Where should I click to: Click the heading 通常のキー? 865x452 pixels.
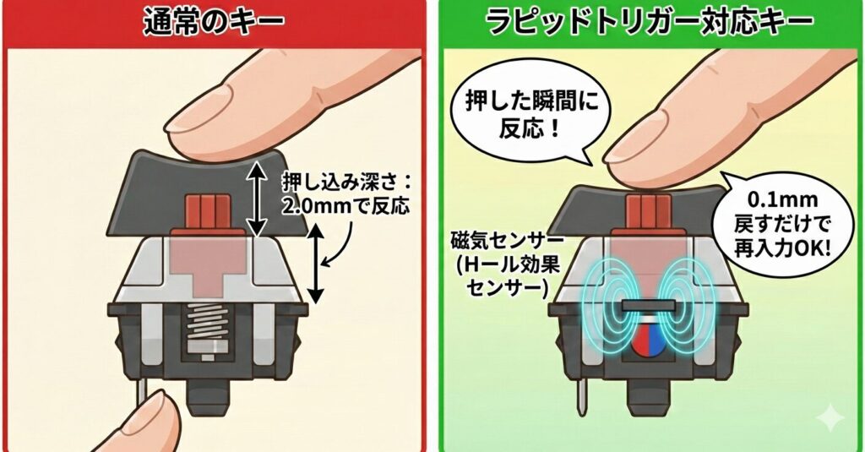coord(214,23)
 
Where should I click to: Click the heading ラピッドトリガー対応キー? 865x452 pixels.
coord(650,23)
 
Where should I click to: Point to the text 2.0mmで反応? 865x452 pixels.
coord(345,206)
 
